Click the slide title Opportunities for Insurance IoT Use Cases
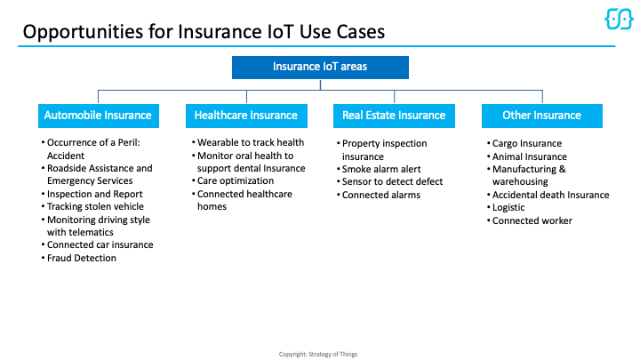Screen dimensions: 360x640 (x=204, y=32)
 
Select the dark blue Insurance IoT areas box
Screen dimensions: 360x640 (x=319, y=68)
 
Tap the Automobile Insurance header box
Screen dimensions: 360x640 (x=98, y=116)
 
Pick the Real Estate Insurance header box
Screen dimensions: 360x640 (x=394, y=116)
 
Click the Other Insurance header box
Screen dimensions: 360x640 (x=541, y=116)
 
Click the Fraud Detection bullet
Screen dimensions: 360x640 (x=81, y=259)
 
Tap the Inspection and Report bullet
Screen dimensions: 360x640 (x=94, y=194)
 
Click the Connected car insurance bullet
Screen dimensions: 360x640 (x=100, y=245)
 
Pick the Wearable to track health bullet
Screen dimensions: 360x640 (x=250, y=142)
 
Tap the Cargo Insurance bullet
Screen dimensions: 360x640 (x=526, y=143)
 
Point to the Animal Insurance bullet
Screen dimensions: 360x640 (x=529, y=156)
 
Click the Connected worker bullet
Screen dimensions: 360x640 (x=532, y=221)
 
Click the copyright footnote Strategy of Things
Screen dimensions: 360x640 (x=319, y=354)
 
